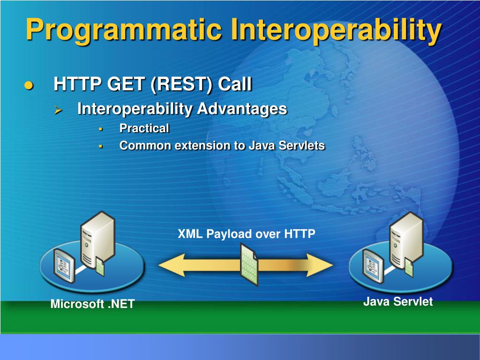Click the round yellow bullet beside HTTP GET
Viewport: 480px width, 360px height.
click(29, 85)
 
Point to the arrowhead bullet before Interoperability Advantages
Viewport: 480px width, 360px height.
click(58, 110)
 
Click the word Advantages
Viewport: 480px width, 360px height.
click(242, 109)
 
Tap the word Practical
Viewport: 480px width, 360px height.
click(144, 128)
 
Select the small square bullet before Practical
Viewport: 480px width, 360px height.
click(100, 129)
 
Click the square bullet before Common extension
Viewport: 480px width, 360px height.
click(100, 147)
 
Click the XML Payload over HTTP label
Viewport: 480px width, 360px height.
click(247, 234)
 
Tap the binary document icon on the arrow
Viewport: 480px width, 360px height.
click(249, 264)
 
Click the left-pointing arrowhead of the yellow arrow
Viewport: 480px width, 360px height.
click(172, 265)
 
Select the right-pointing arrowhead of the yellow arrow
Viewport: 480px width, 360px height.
click(320, 265)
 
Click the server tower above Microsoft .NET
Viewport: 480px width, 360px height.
click(97, 240)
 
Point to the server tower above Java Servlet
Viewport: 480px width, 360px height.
click(406, 240)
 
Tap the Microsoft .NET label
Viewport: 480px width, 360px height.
click(93, 304)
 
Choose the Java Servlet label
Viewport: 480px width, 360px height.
click(398, 301)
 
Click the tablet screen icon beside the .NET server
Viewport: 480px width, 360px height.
click(64, 266)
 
